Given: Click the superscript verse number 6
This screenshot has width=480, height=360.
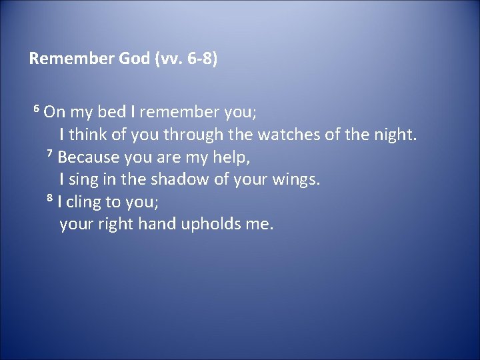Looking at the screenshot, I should click(37, 109).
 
